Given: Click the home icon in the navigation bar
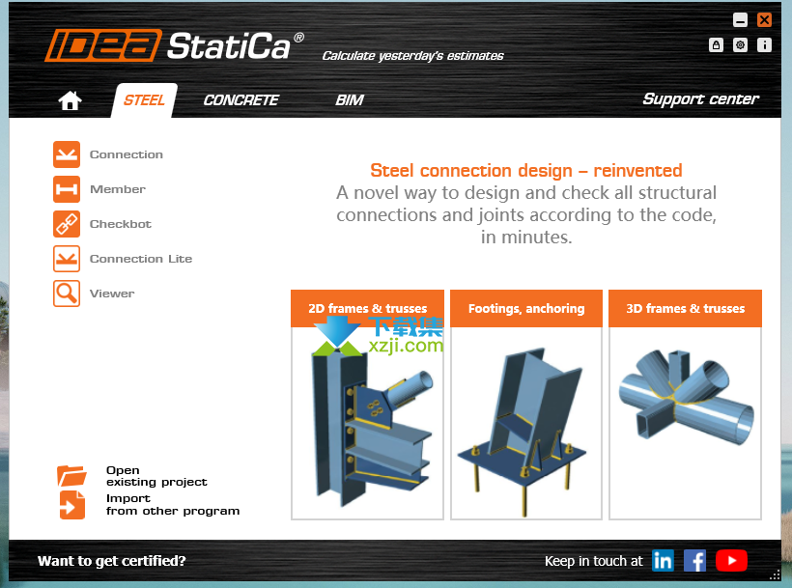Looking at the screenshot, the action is (x=70, y=100).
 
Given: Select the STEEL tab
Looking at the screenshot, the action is (x=144, y=100).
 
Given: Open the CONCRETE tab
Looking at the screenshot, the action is (x=240, y=100).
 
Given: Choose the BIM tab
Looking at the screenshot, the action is (x=350, y=100).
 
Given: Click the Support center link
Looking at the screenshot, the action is (x=700, y=99).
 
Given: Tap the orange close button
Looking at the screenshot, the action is (x=764, y=19).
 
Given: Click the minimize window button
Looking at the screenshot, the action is (x=740, y=19).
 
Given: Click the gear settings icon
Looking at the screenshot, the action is (x=740, y=45).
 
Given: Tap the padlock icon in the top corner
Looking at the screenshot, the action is (x=716, y=45).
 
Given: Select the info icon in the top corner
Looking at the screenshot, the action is (x=764, y=45).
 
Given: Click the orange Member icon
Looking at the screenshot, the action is (x=67, y=189).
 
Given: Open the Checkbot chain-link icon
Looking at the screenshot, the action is (x=67, y=224).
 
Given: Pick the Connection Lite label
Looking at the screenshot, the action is (x=141, y=259).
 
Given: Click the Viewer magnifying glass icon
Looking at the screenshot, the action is (x=67, y=294).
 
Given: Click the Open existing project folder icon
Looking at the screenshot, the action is (x=71, y=476).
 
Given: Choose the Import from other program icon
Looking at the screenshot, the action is (x=72, y=505).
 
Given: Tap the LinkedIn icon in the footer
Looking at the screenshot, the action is (x=663, y=561).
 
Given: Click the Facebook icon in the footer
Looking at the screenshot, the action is (x=695, y=561).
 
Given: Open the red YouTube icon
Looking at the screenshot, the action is (x=731, y=561).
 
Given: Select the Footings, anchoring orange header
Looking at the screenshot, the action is (x=526, y=308).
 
